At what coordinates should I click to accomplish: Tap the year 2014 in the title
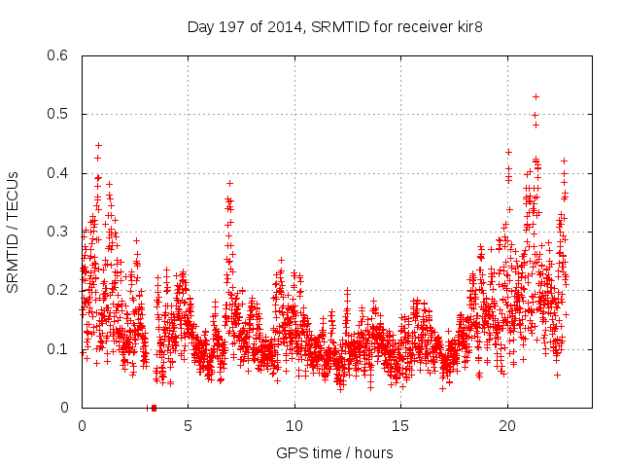coord(288,27)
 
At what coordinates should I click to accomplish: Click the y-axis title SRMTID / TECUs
coord(14,233)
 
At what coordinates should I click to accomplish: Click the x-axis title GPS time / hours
coord(335,452)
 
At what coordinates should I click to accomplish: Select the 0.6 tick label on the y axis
coord(57,55)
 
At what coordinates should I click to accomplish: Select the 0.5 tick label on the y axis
coord(57,115)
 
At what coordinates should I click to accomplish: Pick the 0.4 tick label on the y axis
coord(57,173)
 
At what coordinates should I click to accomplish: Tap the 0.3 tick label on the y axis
coord(57,232)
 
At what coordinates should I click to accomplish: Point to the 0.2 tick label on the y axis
coord(57,291)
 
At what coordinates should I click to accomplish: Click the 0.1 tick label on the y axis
coord(57,349)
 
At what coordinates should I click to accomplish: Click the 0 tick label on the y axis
coord(64,408)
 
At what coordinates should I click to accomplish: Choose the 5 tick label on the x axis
coord(188,425)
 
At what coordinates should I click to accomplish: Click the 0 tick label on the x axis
coord(82,425)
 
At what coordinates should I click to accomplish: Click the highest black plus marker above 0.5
coord(536,96)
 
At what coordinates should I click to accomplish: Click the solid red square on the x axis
coord(155,408)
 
